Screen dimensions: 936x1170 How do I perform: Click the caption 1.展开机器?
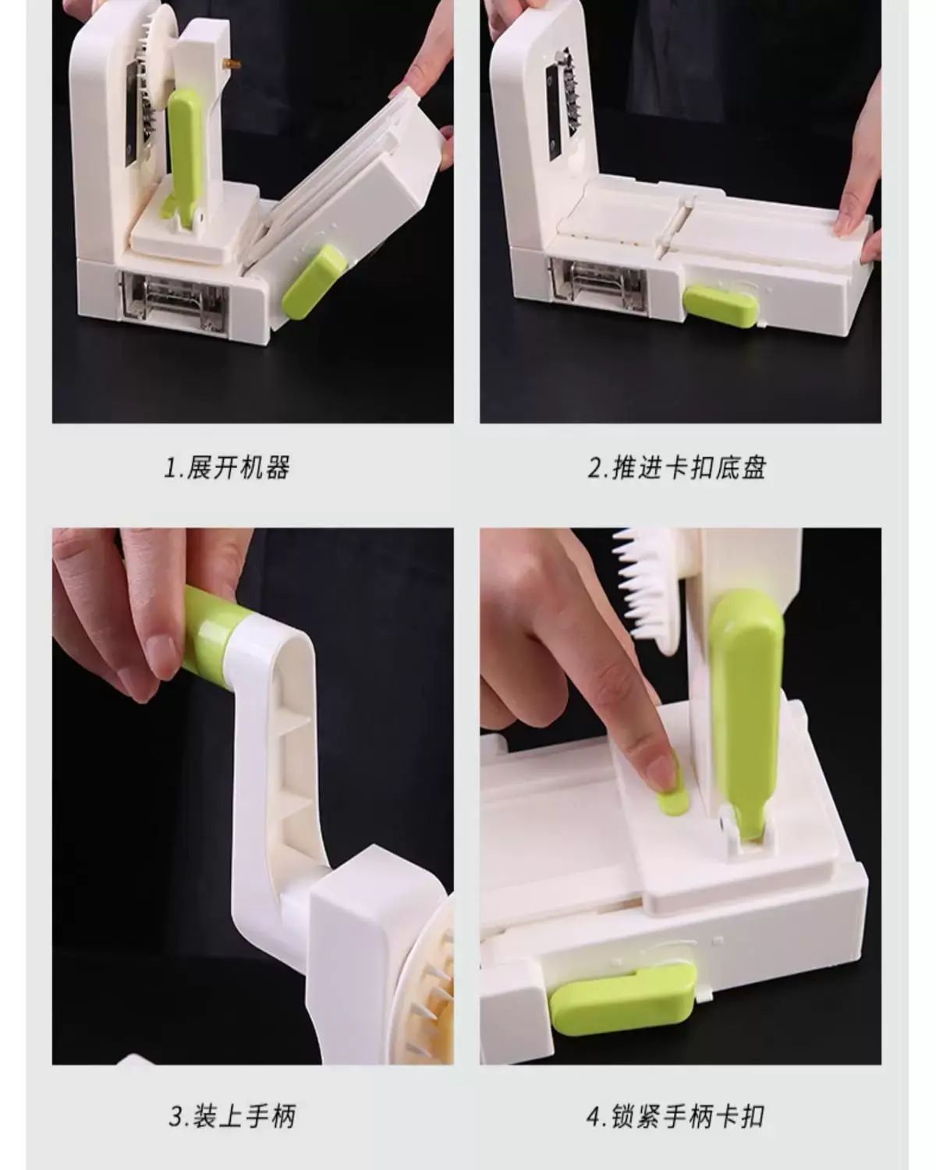point(226,467)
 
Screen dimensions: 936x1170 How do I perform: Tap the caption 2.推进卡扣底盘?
point(677,467)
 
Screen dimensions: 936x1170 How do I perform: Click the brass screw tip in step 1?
point(232,65)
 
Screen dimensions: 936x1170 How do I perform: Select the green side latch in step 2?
point(720,306)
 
